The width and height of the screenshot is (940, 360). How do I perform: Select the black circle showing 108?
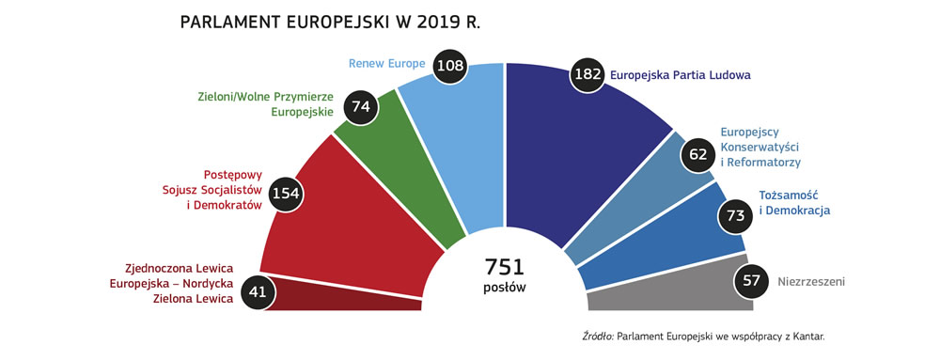(x=455, y=68)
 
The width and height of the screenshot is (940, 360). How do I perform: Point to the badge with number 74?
(x=360, y=107)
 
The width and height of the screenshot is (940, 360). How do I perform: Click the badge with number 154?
(x=284, y=193)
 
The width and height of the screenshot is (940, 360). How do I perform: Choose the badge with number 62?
(x=697, y=154)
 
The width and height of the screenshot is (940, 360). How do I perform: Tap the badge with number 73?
(x=734, y=216)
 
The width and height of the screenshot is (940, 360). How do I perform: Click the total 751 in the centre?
(x=504, y=266)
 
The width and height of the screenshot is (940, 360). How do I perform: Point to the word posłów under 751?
(x=504, y=288)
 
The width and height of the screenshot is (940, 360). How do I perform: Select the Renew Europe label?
(x=388, y=65)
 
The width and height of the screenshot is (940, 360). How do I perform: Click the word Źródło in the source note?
(x=598, y=336)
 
